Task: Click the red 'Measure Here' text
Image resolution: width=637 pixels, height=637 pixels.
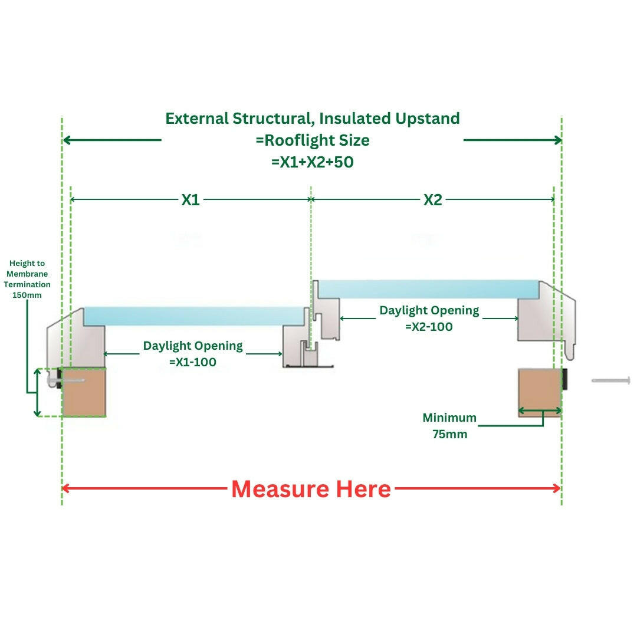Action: click(x=311, y=489)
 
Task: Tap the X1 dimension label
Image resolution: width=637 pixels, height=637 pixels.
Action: click(x=190, y=200)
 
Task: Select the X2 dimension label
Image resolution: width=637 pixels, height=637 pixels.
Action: click(x=432, y=200)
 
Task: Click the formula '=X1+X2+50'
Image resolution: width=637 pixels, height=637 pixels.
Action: click(x=312, y=162)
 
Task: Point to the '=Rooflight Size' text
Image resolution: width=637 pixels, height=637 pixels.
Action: click(x=312, y=140)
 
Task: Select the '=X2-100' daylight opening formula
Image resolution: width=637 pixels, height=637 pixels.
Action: click(x=429, y=326)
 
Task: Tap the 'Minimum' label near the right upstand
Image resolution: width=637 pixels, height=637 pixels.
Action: click(x=449, y=418)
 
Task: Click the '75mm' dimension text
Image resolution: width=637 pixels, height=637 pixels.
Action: click(x=449, y=435)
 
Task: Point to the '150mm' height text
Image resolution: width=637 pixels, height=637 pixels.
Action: click(x=27, y=294)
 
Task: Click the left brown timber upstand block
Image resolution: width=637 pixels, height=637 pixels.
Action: click(x=84, y=392)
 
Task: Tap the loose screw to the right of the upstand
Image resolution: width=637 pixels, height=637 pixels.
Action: click(x=611, y=380)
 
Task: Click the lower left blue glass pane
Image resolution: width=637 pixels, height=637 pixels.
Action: click(x=195, y=316)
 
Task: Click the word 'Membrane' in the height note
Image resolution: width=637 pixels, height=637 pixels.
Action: click(x=27, y=274)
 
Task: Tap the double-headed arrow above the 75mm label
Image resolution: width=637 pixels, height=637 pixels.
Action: click(x=540, y=411)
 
